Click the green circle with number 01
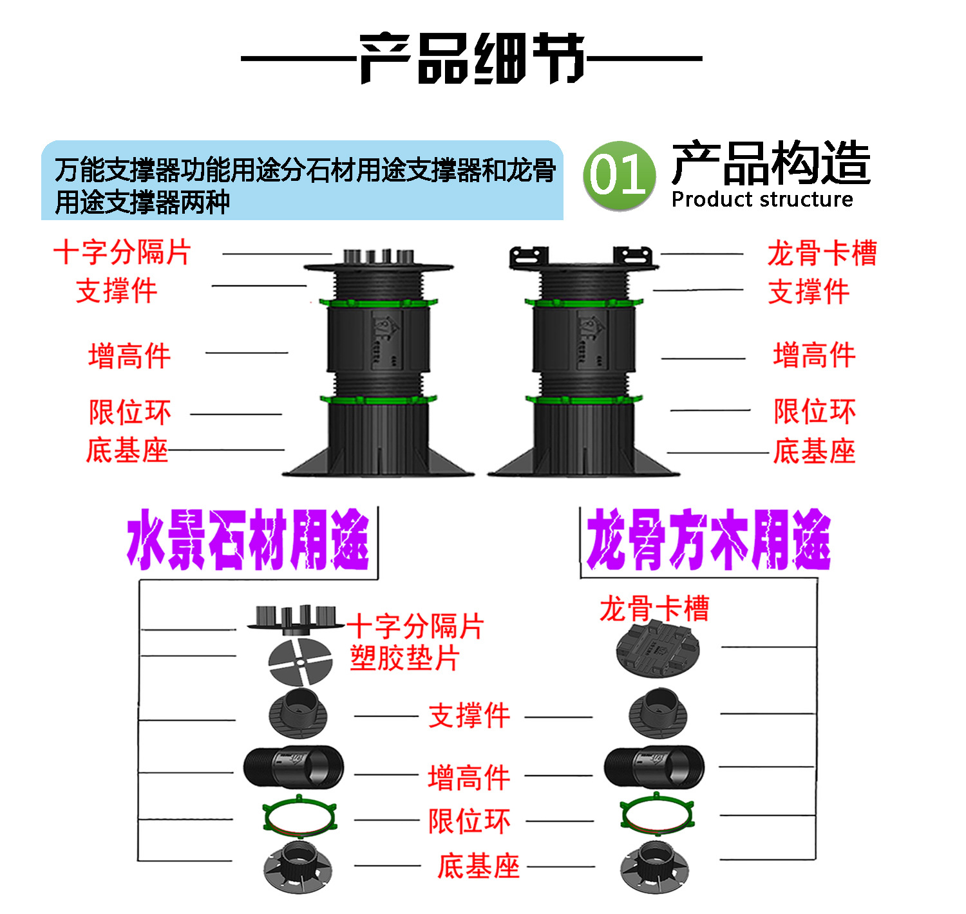(x=619, y=176)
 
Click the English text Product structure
(x=762, y=200)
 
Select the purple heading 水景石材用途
(x=248, y=539)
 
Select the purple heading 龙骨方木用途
(x=708, y=539)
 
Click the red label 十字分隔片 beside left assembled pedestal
(x=122, y=252)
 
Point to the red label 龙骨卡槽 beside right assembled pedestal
(x=822, y=253)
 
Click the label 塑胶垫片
(x=404, y=658)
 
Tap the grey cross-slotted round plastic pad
(x=300, y=662)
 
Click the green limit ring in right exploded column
(x=658, y=816)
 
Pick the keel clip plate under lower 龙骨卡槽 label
(x=658, y=650)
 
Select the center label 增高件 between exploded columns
(x=469, y=778)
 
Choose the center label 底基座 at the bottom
(x=478, y=866)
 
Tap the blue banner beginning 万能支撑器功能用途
(x=302, y=181)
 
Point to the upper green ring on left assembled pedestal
(x=377, y=302)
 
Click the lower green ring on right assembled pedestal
(x=584, y=400)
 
